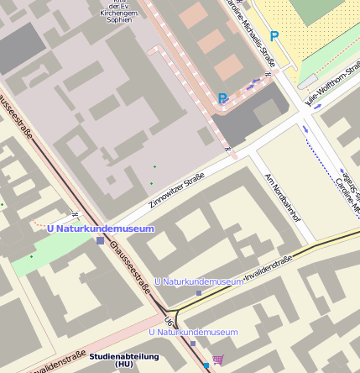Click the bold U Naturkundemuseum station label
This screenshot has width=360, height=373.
tap(100, 229)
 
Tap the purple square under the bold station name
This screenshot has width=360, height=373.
tap(101, 240)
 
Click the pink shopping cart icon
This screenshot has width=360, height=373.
tap(218, 360)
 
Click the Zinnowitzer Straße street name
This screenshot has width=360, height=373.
tap(177, 190)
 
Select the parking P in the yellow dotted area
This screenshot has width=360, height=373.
tap(274, 37)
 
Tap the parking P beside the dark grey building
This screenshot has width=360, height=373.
tap(222, 98)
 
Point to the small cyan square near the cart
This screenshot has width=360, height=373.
tap(206, 365)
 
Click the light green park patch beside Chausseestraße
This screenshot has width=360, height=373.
tap(34, 255)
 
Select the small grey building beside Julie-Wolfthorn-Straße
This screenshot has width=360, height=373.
tap(308, 81)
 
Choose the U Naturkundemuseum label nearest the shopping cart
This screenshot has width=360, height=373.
tap(193, 333)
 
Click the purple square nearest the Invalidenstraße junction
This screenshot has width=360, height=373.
tap(198, 293)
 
